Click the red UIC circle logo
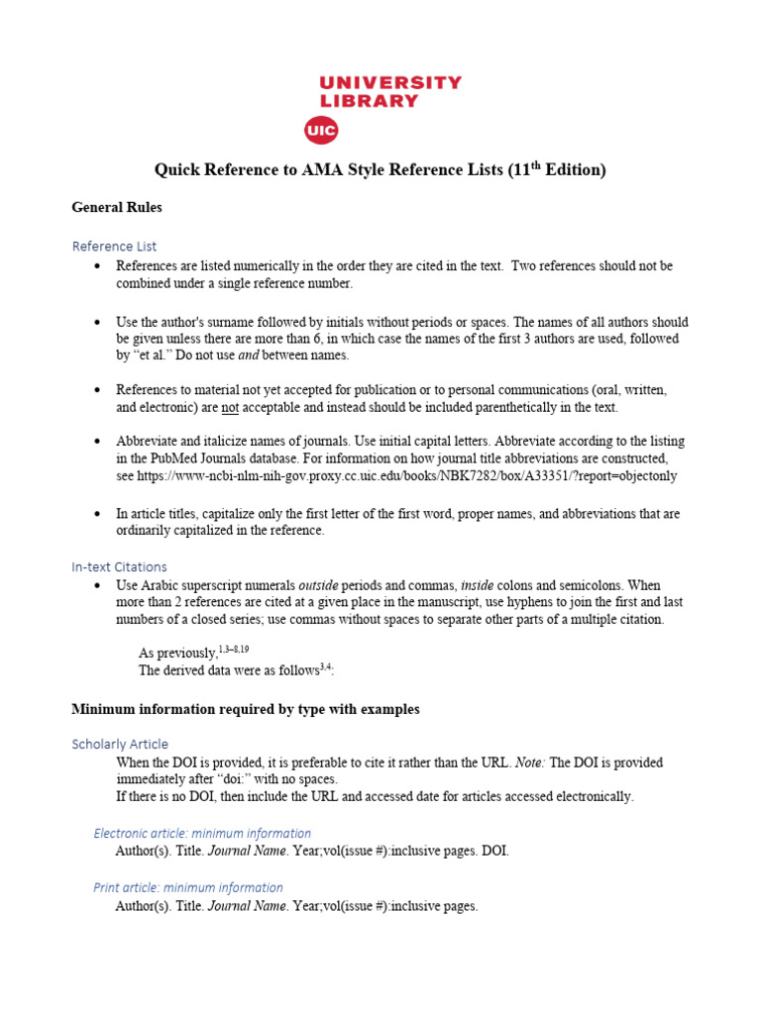[x=321, y=131]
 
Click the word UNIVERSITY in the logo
[x=390, y=82]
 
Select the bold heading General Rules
[x=117, y=208]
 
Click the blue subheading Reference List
[x=114, y=246]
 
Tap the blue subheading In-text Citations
[x=119, y=566]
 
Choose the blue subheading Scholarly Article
[x=120, y=744]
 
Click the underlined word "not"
[x=230, y=407]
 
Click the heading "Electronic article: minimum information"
[x=202, y=833]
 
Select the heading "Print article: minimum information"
[x=188, y=887]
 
